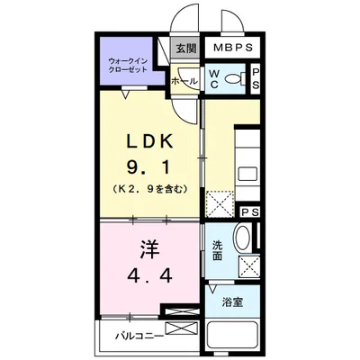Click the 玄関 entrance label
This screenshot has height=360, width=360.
186,49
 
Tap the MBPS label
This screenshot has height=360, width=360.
233,48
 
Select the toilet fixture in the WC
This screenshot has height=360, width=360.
235,79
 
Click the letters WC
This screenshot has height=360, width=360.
213,79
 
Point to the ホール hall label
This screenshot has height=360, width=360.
184,81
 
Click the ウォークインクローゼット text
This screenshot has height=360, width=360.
128,66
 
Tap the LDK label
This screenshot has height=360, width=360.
150,141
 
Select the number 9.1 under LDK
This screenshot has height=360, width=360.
149,166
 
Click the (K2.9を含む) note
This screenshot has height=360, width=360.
150,189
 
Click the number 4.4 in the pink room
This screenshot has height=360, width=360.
149,275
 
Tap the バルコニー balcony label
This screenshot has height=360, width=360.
139,336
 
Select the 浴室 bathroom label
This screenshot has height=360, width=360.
232,301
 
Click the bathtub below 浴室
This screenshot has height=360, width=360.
232,337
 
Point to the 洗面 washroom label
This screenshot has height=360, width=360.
217,251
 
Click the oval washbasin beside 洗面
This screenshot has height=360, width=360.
243,237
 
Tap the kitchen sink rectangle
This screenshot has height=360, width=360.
247,174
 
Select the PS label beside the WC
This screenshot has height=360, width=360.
256,79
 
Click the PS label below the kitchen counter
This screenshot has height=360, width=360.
250,212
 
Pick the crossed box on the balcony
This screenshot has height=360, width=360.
182,328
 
